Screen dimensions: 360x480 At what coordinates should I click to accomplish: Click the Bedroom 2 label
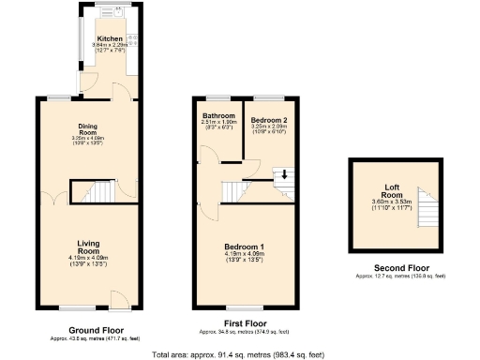pyautogui.click(x=268, y=119)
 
